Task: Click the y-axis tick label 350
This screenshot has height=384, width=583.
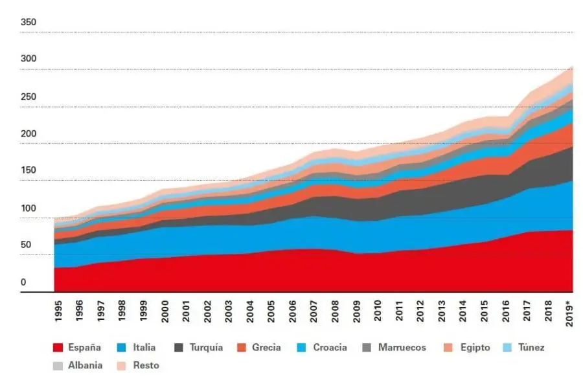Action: pos(29,22)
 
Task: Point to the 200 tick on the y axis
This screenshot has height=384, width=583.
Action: pos(29,134)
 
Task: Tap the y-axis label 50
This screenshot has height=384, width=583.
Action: pos(26,245)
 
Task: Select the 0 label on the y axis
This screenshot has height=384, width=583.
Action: pos(23,282)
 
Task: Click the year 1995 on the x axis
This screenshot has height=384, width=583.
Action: pos(58,311)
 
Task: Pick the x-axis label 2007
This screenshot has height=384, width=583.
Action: pos(314,311)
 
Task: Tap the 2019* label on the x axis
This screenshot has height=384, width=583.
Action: pos(569,314)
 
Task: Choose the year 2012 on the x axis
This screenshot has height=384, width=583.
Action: pos(420,311)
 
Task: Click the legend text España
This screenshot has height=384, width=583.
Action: pos(84,348)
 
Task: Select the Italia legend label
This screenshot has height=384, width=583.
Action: pos(144,348)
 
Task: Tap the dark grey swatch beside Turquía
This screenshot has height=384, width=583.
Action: pos(179,348)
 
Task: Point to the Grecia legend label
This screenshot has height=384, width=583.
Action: pos(266,348)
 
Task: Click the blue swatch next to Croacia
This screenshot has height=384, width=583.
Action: pos(301,348)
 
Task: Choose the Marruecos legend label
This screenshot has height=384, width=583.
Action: pos(402,348)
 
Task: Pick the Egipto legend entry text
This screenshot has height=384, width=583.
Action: pos(475,348)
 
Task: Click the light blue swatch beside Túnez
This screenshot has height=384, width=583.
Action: pos(507,348)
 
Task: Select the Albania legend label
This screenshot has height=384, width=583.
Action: pos(85,365)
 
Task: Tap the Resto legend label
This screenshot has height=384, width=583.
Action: pos(146,365)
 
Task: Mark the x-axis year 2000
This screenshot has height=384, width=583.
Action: pos(165,311)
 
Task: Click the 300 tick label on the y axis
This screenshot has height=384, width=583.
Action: pos(29,59)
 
